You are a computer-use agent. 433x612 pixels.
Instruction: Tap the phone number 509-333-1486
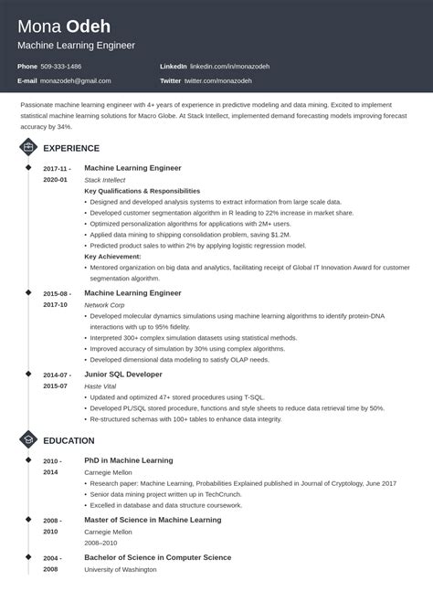coord(61,67)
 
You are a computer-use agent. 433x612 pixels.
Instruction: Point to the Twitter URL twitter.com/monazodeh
coord(217,80)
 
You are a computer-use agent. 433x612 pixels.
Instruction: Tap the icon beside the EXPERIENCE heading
coord(27,146)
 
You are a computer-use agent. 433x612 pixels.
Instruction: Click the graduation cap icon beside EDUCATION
coord(27,440)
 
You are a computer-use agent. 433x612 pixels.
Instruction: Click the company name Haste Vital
coord(100,386)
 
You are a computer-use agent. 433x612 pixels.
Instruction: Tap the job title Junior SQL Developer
coord(123,375)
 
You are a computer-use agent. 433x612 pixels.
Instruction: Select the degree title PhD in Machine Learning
coord(128,460)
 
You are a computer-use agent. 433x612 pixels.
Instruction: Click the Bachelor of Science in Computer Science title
coord(157,557)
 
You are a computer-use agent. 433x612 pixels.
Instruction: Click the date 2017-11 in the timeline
coord(55,169)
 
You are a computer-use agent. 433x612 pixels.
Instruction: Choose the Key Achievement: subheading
coord(112,258)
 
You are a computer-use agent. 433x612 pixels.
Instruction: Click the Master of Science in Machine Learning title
coord(153,520)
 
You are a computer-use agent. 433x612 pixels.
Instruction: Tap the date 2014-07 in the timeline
coord(55,375)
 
